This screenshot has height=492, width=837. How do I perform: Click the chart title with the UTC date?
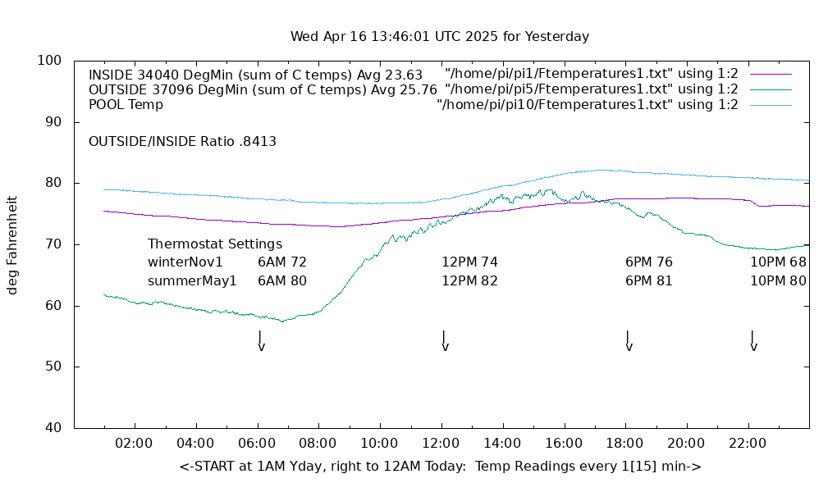[440, 37]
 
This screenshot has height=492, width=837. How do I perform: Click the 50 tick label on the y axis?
[53, 367]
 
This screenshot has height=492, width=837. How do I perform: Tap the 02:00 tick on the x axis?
[134, 443]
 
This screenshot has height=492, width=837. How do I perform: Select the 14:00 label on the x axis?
[502, 443]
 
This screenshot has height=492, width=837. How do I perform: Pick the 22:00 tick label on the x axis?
[748, 443]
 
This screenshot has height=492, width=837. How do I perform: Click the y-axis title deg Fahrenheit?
[12, 244]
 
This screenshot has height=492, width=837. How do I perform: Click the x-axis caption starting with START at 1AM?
[440, 467]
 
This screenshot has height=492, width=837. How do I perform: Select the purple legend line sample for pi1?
[771, 74]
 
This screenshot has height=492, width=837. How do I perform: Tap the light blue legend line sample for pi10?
[771, 105]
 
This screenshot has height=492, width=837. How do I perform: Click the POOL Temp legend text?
[126, 105]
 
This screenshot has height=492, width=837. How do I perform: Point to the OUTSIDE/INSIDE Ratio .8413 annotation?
[182, 141]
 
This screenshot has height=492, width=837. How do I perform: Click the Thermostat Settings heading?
[215, 244]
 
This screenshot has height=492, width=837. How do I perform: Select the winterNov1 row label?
[185, 262]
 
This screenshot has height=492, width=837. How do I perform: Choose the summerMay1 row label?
[192, 280]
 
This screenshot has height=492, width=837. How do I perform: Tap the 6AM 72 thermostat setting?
[282, 262]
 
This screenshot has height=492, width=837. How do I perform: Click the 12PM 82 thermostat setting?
[469, 280]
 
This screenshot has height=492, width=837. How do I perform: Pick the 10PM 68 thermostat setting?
[778, 262]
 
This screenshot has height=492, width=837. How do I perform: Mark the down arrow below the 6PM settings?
[629, 341]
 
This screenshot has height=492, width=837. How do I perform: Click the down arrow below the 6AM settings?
[261, 341]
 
